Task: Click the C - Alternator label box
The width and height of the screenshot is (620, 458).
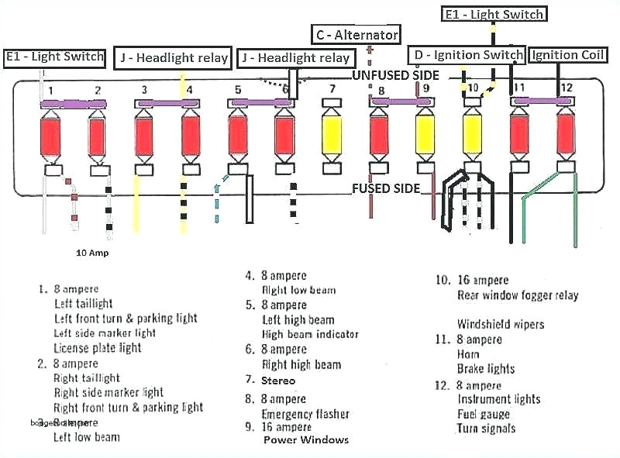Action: (x=356, y=34)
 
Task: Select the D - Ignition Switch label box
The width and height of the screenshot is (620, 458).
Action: (x=467, y=55)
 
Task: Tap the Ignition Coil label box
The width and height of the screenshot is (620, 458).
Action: (x=567, y=55)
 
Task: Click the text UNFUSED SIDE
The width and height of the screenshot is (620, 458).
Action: (x=395, y=75)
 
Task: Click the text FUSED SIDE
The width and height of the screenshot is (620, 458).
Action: (x=386, y=188)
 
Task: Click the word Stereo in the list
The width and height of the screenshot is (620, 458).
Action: (x=279, y=381)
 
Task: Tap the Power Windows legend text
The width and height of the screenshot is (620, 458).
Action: (x=306, y=439)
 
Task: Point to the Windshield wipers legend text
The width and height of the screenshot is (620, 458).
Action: (x=500, y=324)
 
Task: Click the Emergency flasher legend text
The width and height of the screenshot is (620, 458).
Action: (x=305, y=414)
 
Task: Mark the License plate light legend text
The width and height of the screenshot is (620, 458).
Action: (x=98, y=348)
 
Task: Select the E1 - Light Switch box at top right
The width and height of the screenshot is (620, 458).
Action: (x=494, y=14)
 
